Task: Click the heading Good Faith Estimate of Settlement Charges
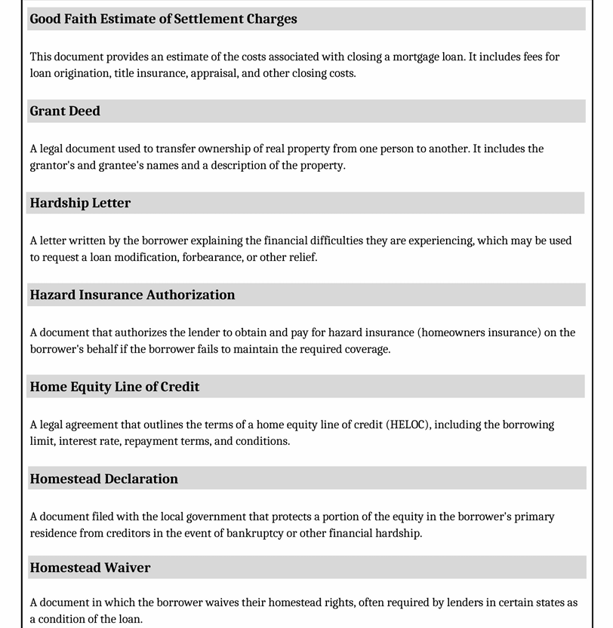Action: click(163, 19)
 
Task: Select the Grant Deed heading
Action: click(65, 111)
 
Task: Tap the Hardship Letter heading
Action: click(80, 203)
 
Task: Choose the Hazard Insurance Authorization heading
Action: click(132, 295)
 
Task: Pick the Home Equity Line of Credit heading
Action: click(115, 387)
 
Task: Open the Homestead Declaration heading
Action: click(104, 479)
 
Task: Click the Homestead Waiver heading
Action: click(90, 568)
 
